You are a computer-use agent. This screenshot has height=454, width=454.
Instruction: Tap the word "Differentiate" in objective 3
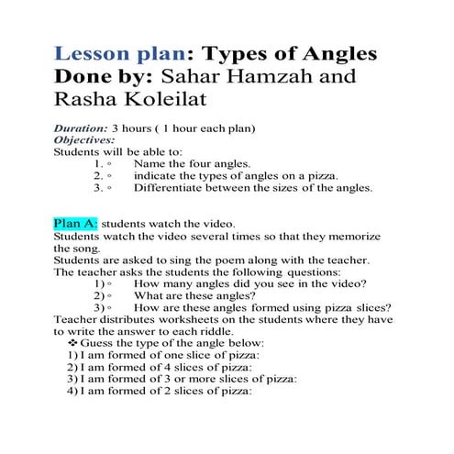[x=168, y=187]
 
